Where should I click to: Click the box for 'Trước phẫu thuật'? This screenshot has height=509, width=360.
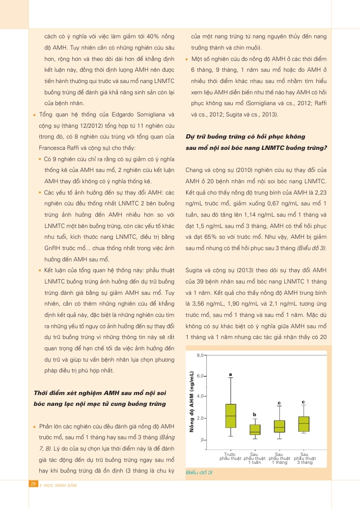coord(230,416)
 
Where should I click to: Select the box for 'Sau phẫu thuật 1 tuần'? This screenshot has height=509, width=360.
coord(254,429)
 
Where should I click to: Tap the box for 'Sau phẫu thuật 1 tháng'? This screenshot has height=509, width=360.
coord(279,426)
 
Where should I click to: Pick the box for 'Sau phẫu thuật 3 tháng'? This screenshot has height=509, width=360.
coord(304,424)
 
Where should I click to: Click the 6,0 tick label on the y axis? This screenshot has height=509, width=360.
coord(200,376)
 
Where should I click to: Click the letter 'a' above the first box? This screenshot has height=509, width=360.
coord(230,374)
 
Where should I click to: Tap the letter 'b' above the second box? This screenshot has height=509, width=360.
coord(254,415)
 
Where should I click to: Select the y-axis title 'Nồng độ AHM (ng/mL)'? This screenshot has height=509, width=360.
coord(193,401)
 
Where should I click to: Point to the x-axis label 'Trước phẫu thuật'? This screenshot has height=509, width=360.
coord(230,456)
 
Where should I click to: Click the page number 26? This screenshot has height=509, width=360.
coord(34,484)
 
